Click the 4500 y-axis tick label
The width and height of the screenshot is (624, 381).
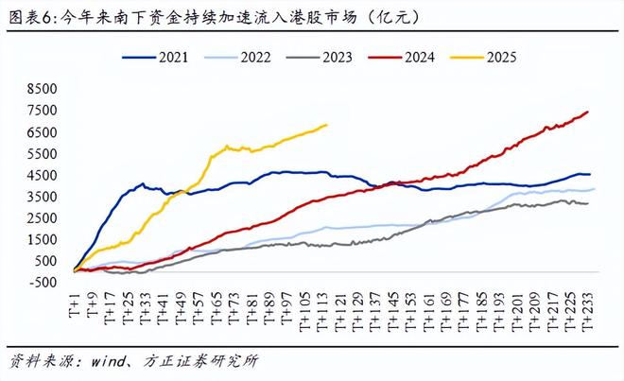pos(43,175)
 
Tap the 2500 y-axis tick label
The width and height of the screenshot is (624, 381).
pos(43,216)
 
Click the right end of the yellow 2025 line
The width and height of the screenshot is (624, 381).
pos(327,125)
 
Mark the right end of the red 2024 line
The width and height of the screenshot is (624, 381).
pos(588,112)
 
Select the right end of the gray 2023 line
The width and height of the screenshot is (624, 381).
pos(588,203)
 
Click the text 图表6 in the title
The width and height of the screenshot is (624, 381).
pos(28,16)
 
